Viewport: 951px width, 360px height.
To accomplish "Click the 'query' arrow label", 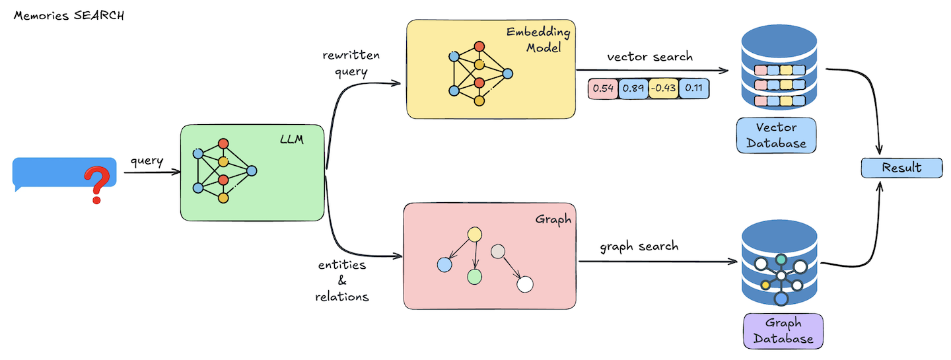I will click(x=147, y=161).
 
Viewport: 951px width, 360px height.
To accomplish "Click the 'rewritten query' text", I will click(x=351, y=63).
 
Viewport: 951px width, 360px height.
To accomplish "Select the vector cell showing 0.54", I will click(x=602, y=88).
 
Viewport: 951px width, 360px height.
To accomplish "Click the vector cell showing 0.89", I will click(x=633, y=88).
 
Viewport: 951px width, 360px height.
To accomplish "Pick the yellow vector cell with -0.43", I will click(x=662, y=88).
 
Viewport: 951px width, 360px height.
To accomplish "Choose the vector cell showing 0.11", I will click(x=693, y=88).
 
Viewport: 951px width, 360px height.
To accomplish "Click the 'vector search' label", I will click(x=650, y=57).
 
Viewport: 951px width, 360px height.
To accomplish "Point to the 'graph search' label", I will click(x=639, y=246).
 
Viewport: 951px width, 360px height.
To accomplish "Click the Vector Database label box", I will click(x=776, y=135).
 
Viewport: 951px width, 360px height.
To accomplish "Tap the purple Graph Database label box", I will click(x=783, y=331).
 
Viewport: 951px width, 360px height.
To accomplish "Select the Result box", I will click(x=901, y=168).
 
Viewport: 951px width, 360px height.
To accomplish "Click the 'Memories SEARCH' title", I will click(x=69, y=15).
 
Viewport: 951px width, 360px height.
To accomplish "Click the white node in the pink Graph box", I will click(x=525, y=285).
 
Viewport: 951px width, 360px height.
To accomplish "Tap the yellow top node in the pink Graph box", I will click(x=474, y=234).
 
